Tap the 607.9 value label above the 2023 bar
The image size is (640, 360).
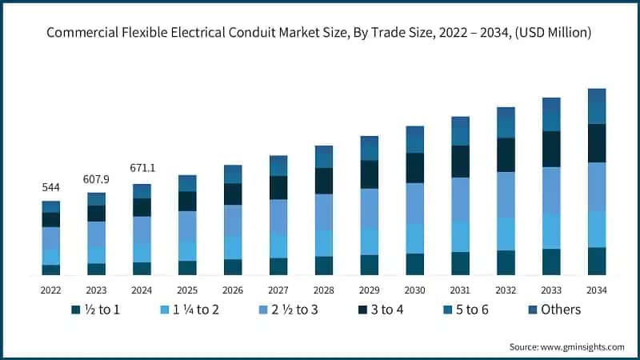click(x=96, y=178)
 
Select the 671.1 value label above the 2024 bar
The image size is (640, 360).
click(x=142, y=169)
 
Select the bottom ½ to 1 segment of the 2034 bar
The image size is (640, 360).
click(x=596, y=261)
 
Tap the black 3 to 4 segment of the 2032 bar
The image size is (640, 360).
click(x=506, y=154)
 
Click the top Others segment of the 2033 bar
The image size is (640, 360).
click(x=551, y=105)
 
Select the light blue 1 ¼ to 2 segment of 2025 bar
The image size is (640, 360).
click(x=187, y=250)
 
